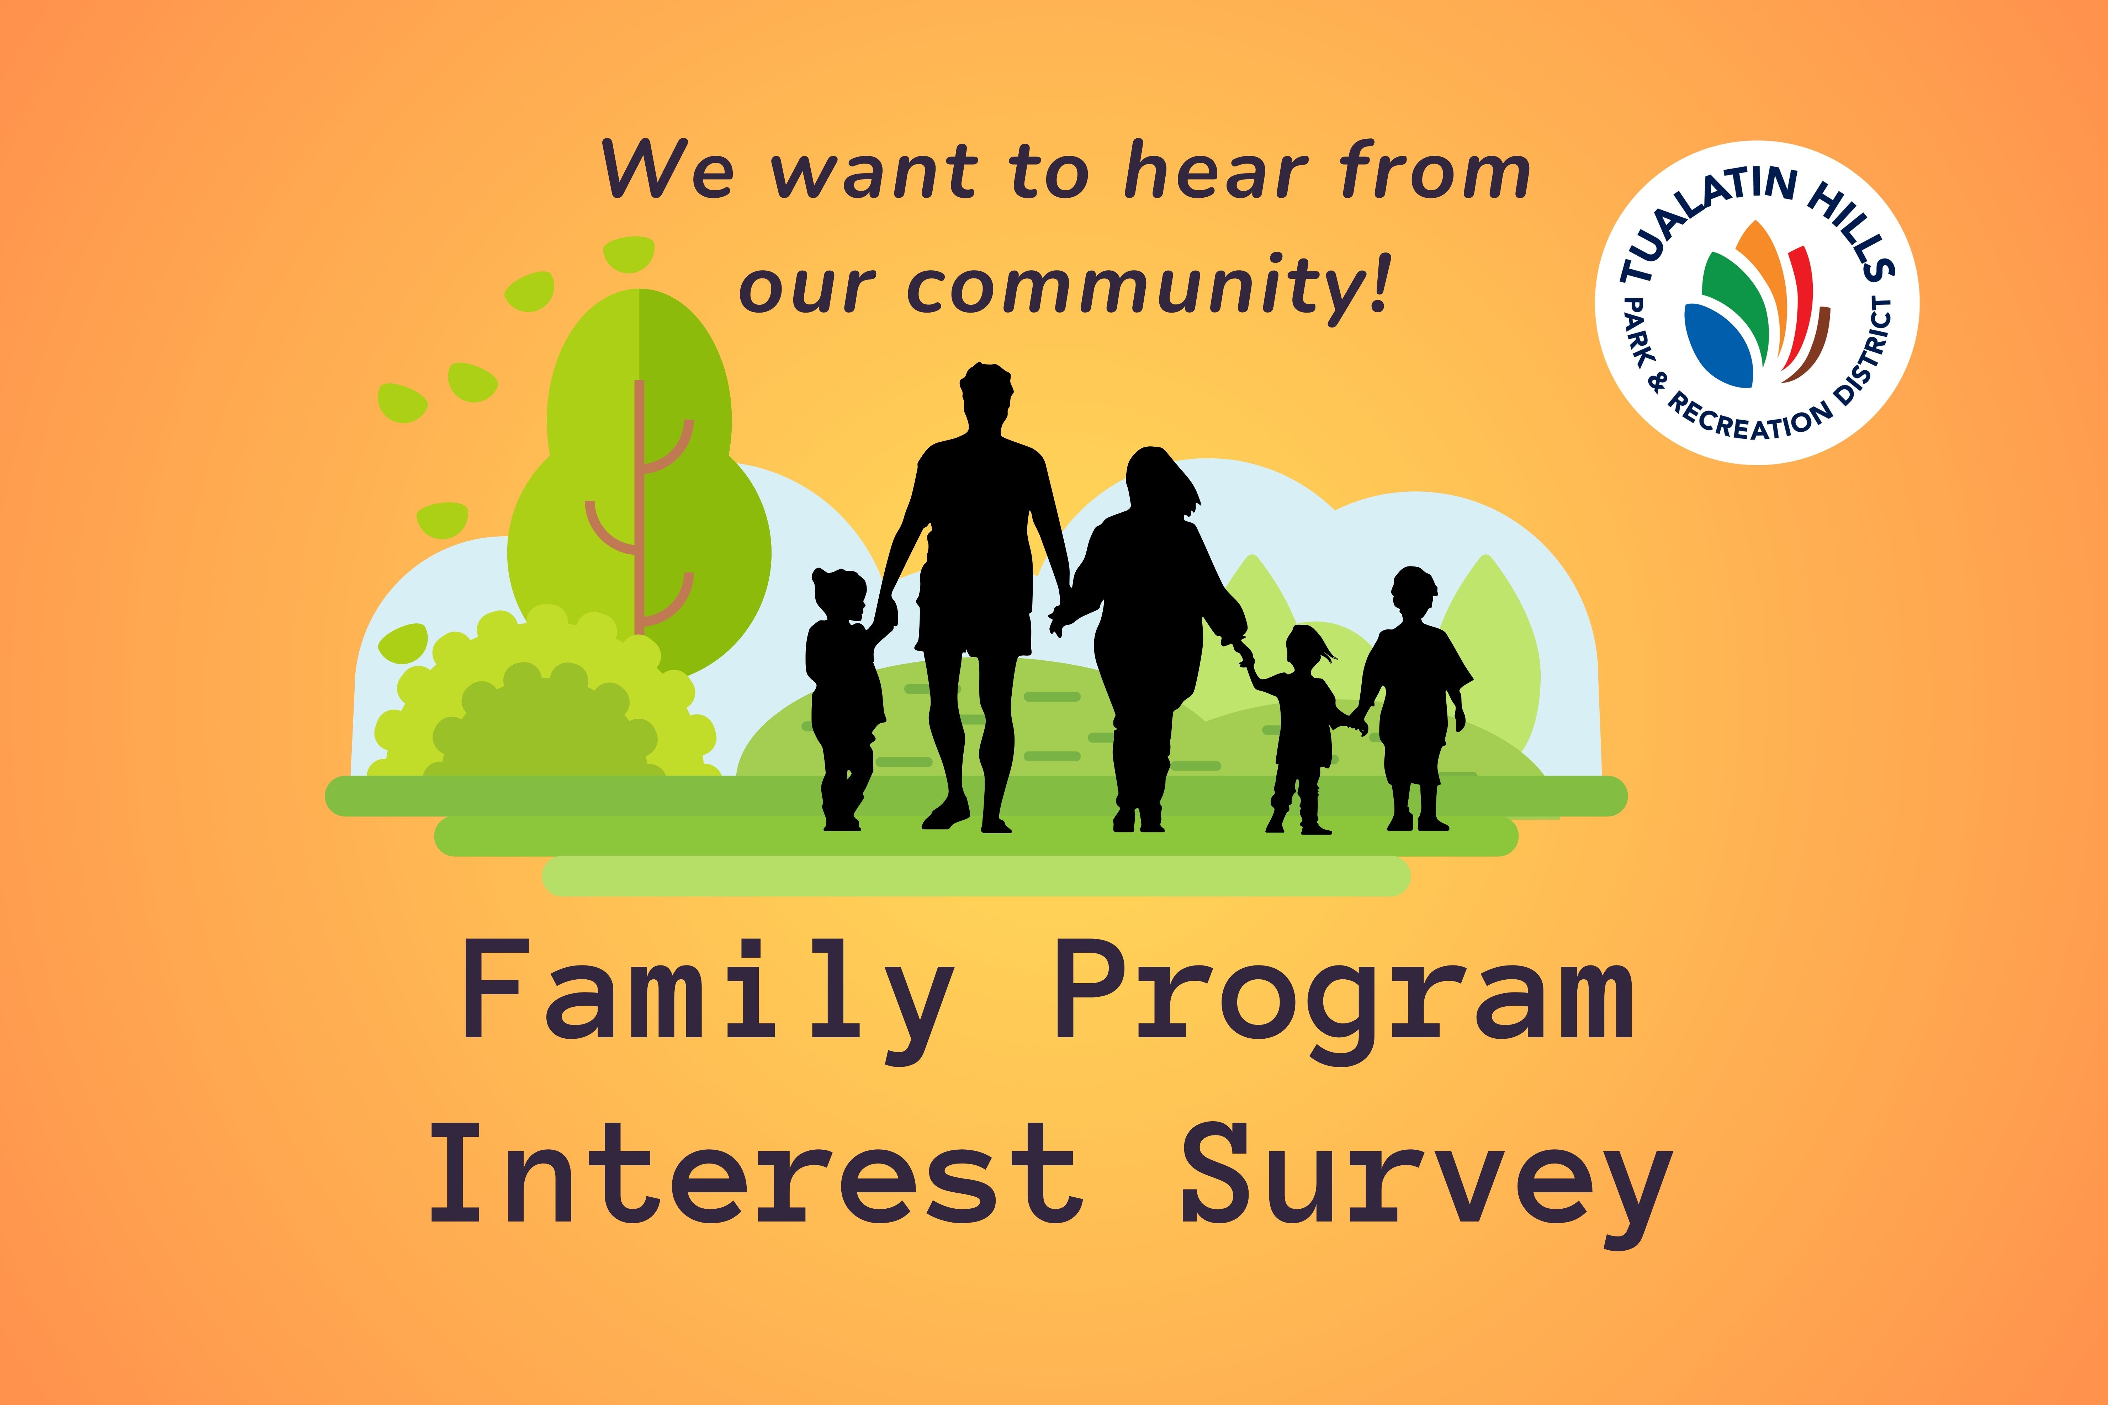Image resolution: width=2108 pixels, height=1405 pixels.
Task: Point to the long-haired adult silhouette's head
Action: point(1156,479)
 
